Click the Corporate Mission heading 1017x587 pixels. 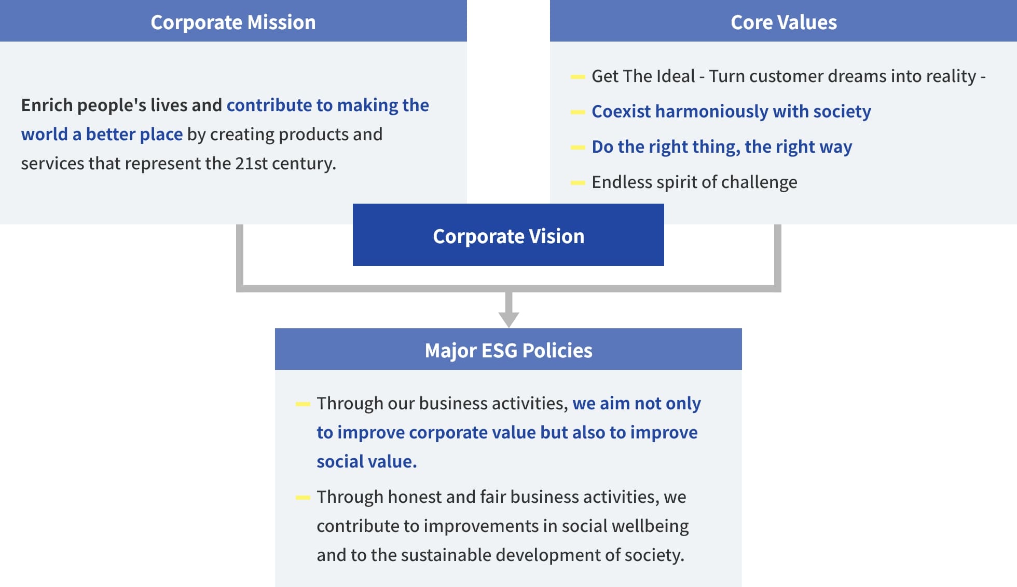[x=233, y=22]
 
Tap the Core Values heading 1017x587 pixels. [x=784, y=22]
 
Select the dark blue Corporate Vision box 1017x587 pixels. [x=508, y=235]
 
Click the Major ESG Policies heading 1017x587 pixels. [x=508, y=350]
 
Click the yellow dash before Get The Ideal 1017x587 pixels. [x=578, y=77]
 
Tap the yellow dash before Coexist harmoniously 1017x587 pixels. [x=578, y=112]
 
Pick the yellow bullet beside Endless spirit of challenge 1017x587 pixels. [x=578, y=183]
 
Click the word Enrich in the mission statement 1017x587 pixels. [x=47, y=105]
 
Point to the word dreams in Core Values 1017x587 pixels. [x=857, y=76]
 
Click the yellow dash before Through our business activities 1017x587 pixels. [x=303, y=404]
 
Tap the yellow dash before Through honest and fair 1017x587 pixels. [x=303, y=498]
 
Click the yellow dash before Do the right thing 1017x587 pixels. [x=578, y=148]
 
